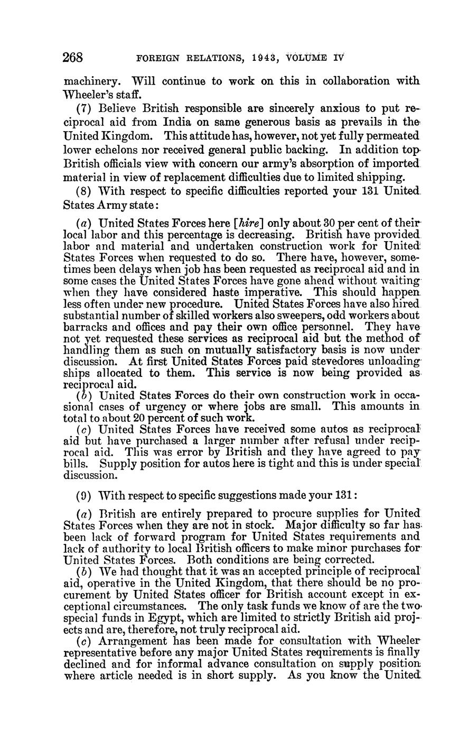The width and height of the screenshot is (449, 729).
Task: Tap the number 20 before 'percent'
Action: click(139, 417)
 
